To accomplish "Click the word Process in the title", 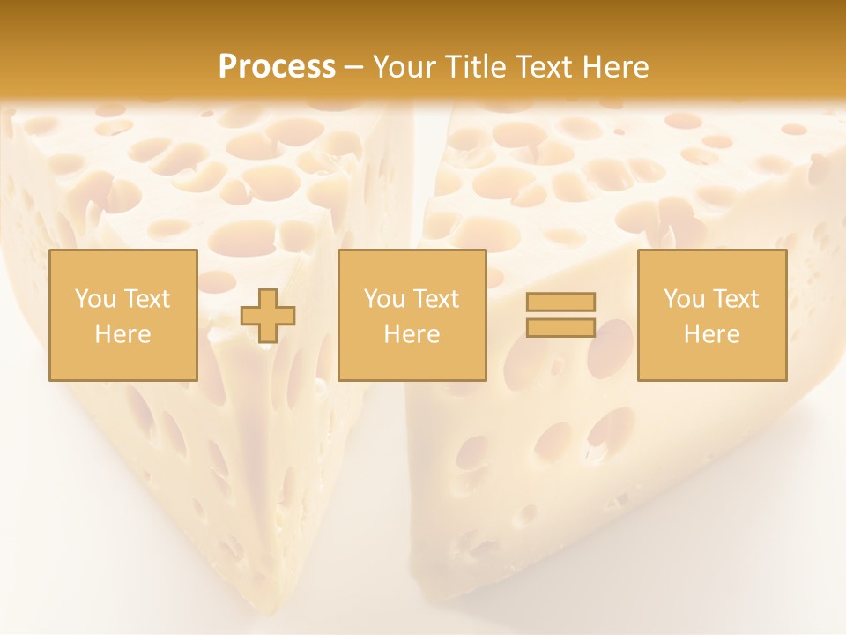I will tap(277, 66).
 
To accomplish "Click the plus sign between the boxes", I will tap(268, 316).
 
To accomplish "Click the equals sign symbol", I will tap(560, 315).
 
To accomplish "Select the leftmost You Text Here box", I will tap(123, 316).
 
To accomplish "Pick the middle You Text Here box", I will tap(412, 316).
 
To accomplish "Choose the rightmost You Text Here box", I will tap(712, 316).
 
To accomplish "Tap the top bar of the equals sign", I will tap(560, 303).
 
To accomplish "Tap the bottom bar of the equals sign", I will tap(560, 327).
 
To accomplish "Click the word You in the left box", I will tap(94, 299).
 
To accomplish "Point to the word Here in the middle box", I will tap(412, 334).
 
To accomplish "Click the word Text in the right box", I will tap(737, 299).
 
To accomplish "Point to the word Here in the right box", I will tap(712, 334).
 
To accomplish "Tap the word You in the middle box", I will tap(383, 299).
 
